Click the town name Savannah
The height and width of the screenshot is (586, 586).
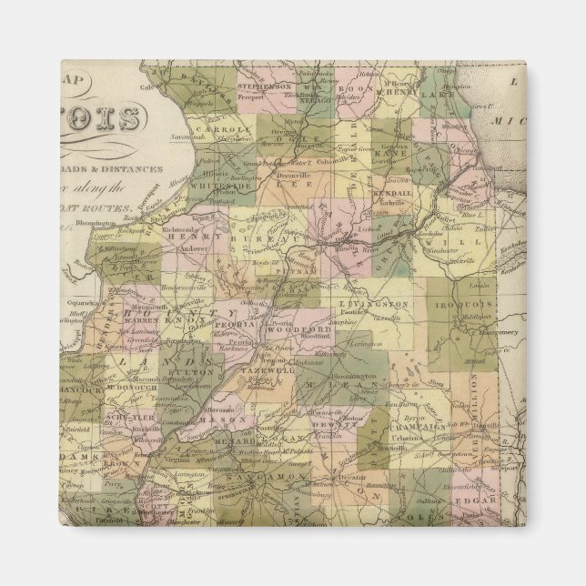[198, 150]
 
